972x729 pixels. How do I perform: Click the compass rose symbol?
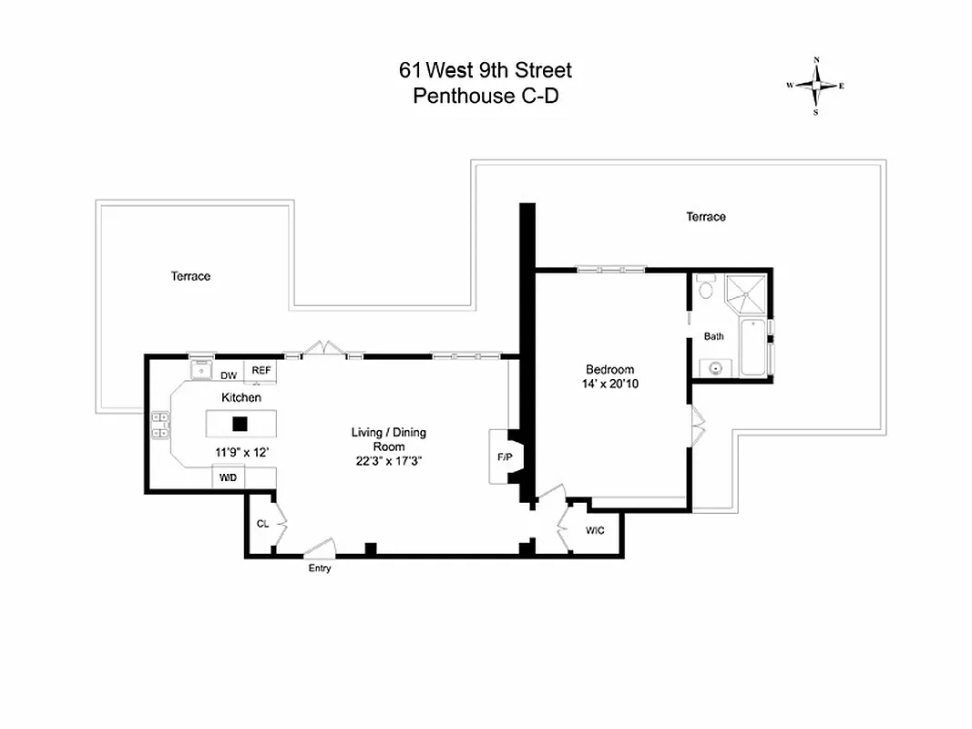click(815, 87)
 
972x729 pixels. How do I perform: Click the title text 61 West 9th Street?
click(486, 70)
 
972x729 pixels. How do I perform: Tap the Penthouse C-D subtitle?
click(486, 96)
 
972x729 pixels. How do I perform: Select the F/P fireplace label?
click(503, 457)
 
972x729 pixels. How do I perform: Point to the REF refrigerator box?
click(261, 371)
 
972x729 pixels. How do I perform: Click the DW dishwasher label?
click(228, 375)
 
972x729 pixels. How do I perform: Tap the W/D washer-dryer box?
click(228, 477)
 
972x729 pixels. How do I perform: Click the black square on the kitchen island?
click(240, 423)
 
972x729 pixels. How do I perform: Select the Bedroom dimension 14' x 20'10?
click(609, 385)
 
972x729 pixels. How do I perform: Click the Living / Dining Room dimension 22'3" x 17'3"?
click(389, 461)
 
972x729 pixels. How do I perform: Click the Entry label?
click(320, 569)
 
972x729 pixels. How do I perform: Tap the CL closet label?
click(262, 524)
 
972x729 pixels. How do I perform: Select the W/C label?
click(595, 529)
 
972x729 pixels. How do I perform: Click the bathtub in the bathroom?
click(753, 347)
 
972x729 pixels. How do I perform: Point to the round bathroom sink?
click(714, 369)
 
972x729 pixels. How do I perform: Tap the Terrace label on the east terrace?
click(706, 217)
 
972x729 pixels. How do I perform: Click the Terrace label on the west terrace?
click(190, 276)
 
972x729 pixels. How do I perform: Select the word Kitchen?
click(241, 398)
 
